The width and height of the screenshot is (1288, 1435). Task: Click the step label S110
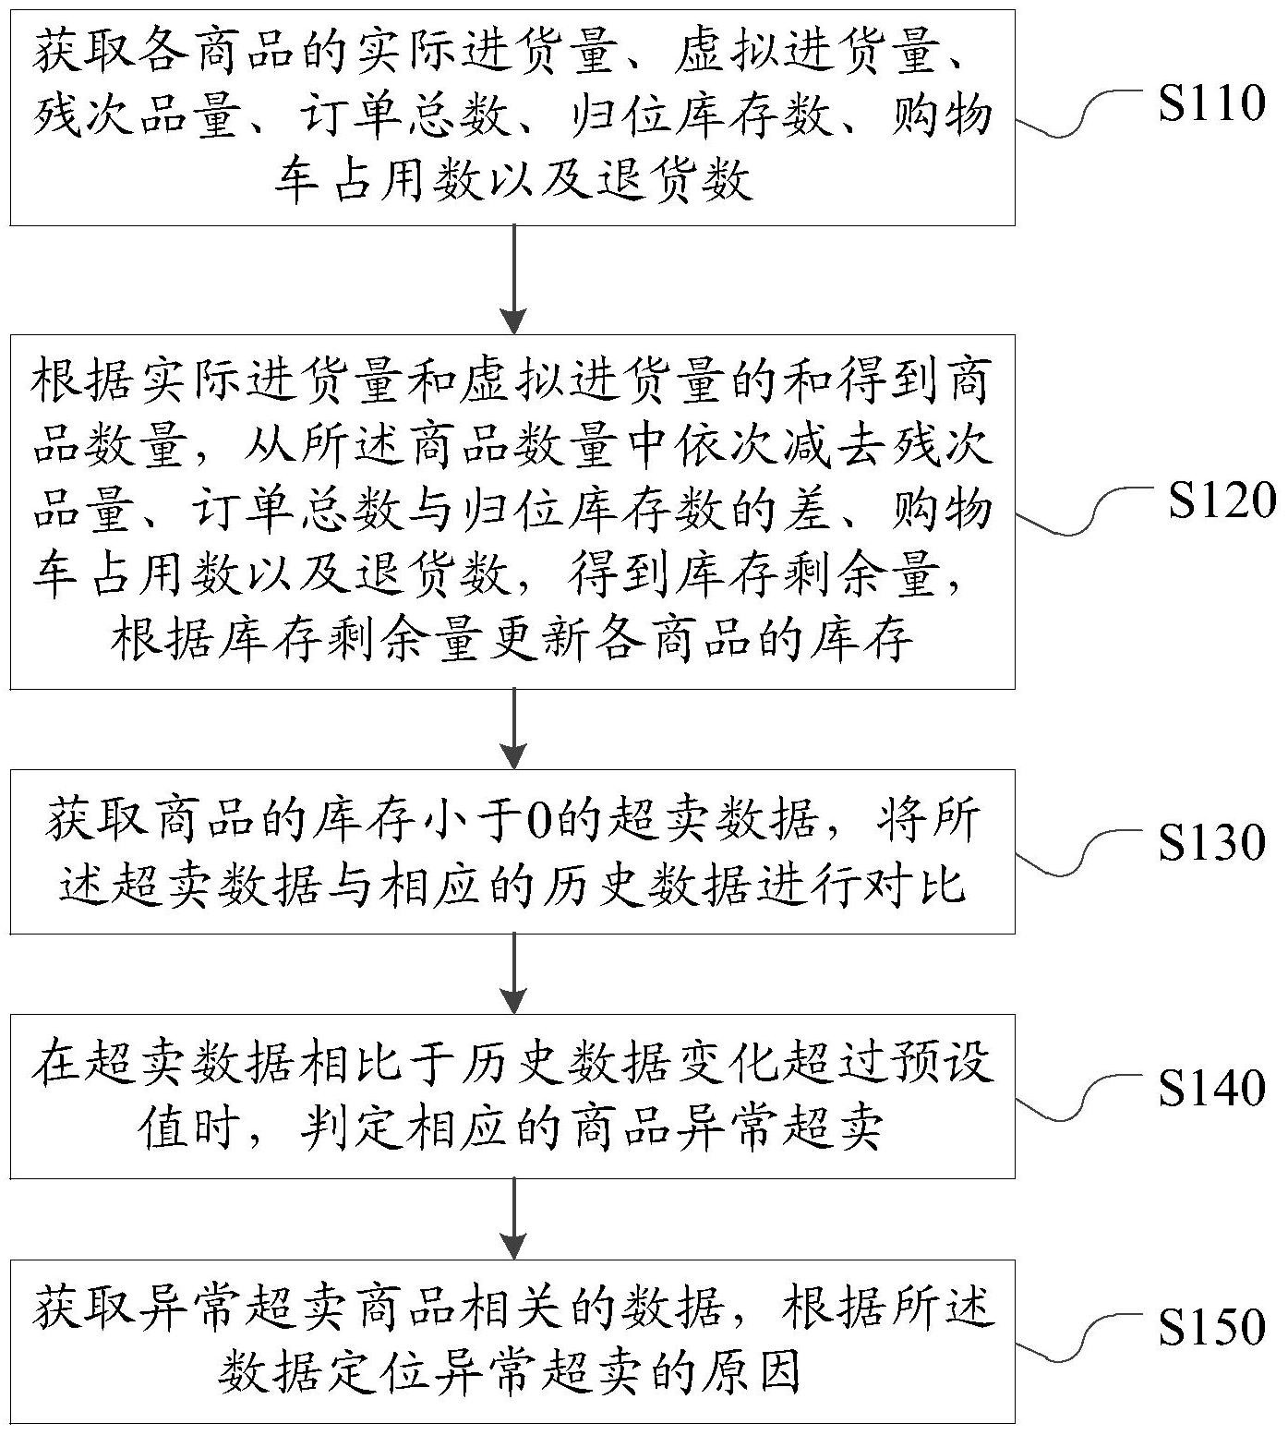pos(1211,104)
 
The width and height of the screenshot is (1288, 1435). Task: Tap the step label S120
pos(1221,500)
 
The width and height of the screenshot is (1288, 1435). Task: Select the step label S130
pos(1211,841)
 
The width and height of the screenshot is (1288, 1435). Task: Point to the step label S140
pos(1211,1087)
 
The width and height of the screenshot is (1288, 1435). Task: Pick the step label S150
pos(1211,1326)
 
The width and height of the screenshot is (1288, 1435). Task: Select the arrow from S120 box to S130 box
pos(512,729)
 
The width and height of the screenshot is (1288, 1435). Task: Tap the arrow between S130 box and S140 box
pos(512,973)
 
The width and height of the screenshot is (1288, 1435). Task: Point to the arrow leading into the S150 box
pos(512,1218)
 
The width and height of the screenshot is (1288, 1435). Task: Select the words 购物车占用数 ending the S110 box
pos(646,148)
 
